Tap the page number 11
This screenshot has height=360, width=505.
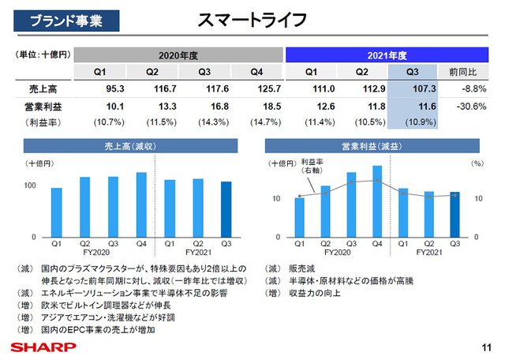tap(485, 346)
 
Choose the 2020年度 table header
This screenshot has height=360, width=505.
tap(179, 54)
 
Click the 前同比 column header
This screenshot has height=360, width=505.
tap(464, 72)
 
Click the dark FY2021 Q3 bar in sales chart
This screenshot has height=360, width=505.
tap(226, 210)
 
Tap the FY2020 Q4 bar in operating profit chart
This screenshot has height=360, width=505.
tap(377, 201)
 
